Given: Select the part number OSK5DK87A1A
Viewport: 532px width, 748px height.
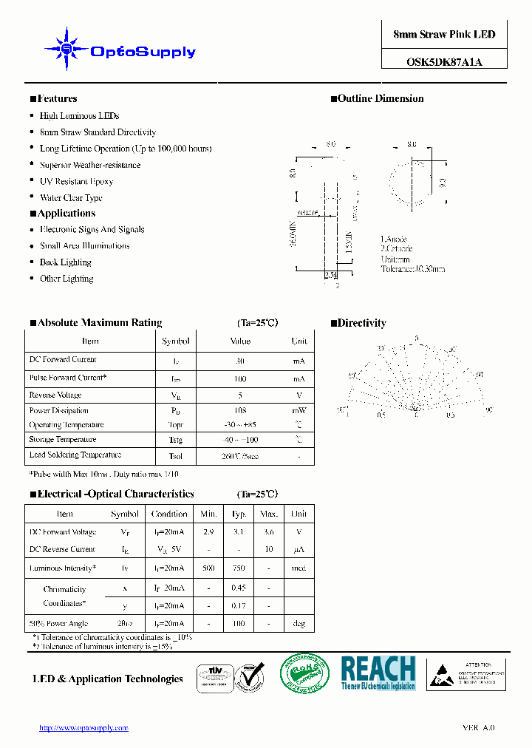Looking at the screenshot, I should [x=444, y=62].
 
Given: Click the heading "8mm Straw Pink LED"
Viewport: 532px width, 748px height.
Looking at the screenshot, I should [x=444, y=35].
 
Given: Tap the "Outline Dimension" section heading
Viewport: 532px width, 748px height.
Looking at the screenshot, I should [x=381, y=99].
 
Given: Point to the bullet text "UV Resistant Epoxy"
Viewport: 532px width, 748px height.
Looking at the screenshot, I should [x=76, y=181].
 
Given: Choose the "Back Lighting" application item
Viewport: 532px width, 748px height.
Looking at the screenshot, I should [x=65, y=262].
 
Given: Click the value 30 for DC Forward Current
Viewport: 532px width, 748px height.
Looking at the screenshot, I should [x=240, y=362].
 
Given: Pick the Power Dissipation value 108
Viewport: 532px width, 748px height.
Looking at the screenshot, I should [x=240, y=410].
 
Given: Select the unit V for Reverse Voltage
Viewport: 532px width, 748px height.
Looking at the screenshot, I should [x=299, y=395].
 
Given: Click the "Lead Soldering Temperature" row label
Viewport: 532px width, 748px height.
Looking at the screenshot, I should [x=75, y=455].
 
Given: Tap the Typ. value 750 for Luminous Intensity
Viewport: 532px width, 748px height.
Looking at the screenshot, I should [x=239, y=568].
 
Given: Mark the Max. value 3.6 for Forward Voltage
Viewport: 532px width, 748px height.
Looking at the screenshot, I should [x=269, y=532].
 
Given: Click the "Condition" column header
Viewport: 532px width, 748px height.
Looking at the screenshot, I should [x=169, y=514].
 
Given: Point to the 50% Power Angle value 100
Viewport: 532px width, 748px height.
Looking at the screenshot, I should [x=239, y=624].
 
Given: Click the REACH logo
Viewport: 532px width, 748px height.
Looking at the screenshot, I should [x=378, y=673].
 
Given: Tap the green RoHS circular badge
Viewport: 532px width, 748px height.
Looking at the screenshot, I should [x=304, y=673].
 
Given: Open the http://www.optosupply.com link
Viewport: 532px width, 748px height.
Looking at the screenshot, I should [x=83, y=728].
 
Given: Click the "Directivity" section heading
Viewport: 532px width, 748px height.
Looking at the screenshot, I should [x=362, y=323].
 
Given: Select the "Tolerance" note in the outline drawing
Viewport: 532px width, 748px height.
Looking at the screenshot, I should [x=412, y=269].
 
